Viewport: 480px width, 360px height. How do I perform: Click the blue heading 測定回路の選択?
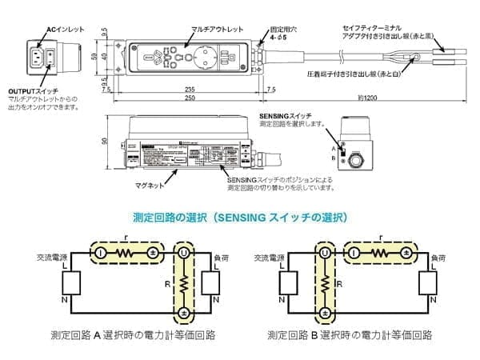(x=239, y=216)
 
